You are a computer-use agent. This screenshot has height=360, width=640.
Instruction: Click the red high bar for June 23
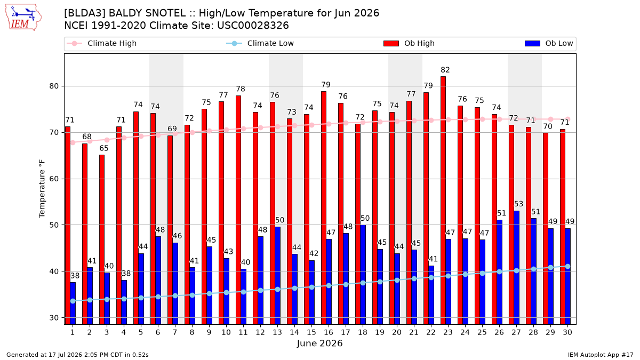pos(443,201)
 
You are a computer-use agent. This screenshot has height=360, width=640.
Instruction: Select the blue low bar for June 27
pos(517,268)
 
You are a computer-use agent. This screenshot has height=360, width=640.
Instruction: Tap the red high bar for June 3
pos(102,239)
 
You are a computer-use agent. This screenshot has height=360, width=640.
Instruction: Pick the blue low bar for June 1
pos(73,303)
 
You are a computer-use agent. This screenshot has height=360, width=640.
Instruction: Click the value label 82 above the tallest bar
pos(445,70)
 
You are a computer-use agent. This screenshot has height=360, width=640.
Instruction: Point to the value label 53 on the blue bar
pos(518,204)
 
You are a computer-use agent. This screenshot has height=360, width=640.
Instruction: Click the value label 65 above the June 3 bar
pos(104,148)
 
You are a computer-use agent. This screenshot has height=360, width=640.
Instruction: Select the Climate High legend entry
pos(102,43)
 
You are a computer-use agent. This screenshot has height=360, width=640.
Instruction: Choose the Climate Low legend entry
pos(260,43)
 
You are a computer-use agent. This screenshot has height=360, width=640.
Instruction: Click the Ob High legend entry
pos(409,43)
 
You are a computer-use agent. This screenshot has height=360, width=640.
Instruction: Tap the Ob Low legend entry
pos(549,43)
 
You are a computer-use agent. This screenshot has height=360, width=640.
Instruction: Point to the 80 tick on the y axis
pos(54,86)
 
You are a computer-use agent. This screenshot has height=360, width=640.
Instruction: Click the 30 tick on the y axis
pos(54,318)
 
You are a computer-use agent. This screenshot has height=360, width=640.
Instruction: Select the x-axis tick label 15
pos(311,332)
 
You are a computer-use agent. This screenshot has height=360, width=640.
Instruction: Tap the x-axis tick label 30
pos(567,332)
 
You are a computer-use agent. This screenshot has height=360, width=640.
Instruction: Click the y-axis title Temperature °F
pos(42,189)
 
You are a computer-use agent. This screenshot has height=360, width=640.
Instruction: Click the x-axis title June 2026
pos(319,343)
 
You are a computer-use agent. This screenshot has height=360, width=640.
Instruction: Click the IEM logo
pos(23,18)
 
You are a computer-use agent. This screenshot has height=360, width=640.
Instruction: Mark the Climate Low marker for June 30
pos(567,266)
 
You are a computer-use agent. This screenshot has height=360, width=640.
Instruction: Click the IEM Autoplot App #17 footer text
pos(601,355)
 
